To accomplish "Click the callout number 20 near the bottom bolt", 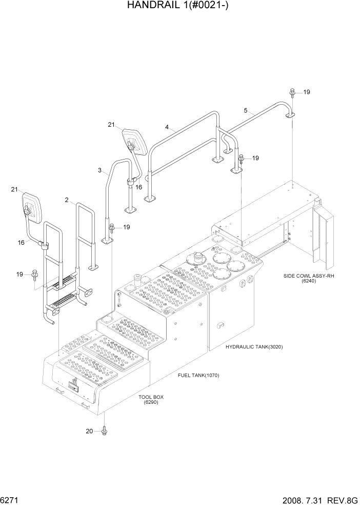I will pos(89,431).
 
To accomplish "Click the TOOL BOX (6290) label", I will pos(151,400).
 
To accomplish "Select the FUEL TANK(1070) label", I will pos(198,375).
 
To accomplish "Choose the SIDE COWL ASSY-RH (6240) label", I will pos(308,278).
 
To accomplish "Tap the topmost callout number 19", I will pos(307,92).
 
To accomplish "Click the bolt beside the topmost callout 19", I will pos(292,92).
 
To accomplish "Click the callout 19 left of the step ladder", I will pos(19,275).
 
